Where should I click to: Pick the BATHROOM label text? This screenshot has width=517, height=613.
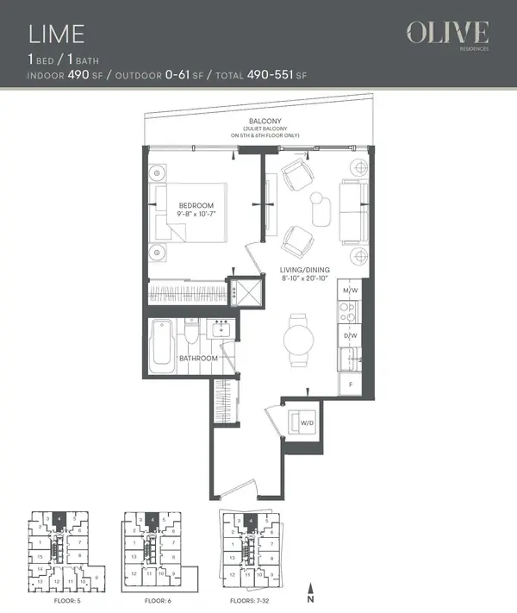pos(197,358)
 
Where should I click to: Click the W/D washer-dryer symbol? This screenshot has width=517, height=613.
pos(304,422)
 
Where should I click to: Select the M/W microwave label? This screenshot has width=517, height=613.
pos(350,290)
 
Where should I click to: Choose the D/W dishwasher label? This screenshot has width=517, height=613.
pos(350,335)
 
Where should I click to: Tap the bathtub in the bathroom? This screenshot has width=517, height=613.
pos(161,347)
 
